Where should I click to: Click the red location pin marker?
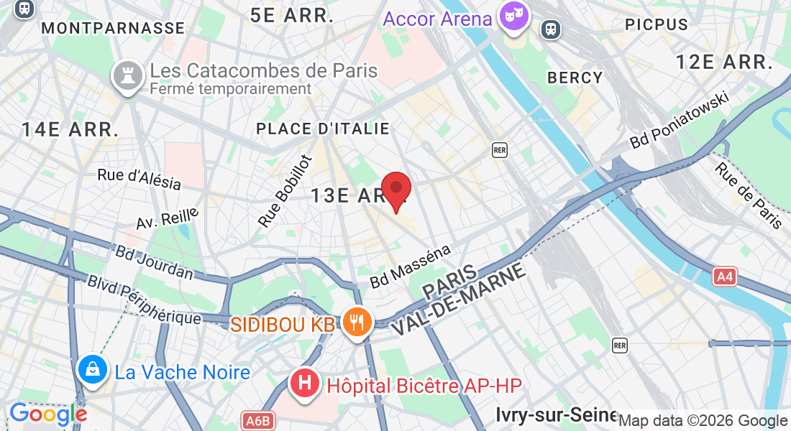395,190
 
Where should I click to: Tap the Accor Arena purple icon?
515,17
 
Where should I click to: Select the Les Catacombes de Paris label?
263,71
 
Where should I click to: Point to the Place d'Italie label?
323,129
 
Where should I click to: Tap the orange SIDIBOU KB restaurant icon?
357,321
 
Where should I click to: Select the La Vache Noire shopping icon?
93,370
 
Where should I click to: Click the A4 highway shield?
725,277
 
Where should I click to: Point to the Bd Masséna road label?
411,267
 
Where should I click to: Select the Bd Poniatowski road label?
680,121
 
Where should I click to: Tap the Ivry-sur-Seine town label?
556,414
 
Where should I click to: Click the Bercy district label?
575,78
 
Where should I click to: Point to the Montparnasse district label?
114,28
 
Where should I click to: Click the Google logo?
47,414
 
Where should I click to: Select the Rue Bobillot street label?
285,191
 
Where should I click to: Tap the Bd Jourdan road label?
154,263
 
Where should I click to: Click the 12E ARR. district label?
724,62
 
